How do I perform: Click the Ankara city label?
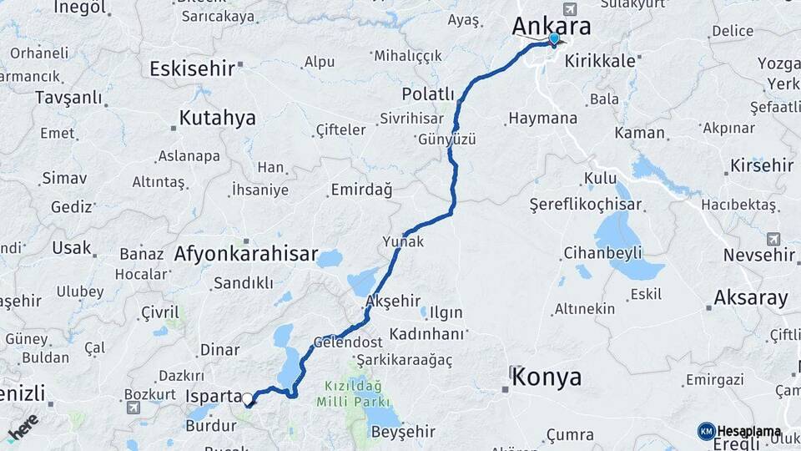(551, 26)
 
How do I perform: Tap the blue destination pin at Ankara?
(554, 38)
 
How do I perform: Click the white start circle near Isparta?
(248, 398)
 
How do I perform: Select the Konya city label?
(547, 377)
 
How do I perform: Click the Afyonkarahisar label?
(246, 254)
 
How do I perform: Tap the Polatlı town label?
(428, 94)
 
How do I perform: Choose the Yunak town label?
(403, 242)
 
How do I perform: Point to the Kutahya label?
(217, 118)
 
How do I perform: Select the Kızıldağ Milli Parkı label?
(350, 395)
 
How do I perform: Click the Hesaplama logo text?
(748, 431)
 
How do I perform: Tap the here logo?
(23, 427)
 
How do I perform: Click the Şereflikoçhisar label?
(586, 205)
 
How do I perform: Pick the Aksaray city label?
(751, 296)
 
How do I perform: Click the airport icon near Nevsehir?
(773, 239)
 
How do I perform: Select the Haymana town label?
(542, 119)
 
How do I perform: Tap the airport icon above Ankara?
(570, 10)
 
